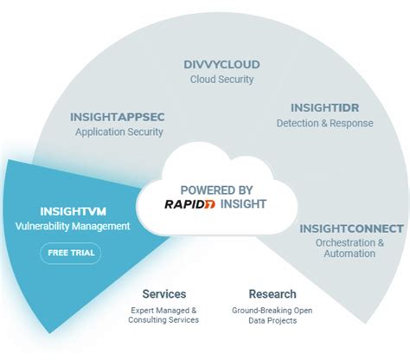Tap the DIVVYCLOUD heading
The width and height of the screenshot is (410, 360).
coord(221,64)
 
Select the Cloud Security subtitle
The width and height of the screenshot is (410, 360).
coord(221,79)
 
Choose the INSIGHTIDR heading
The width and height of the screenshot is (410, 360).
coord(324,108)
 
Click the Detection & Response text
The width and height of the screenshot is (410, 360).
coord(324,123)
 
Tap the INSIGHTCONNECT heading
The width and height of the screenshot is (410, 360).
coord(351,228)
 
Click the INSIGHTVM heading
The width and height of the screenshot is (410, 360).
coord(71,210)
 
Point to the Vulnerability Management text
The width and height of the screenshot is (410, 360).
coord(73,226)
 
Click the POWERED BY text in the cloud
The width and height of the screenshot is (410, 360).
coord(216,190)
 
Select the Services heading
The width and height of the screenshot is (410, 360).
coord(164,294)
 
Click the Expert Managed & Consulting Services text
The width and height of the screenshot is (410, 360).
coord(164,314)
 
